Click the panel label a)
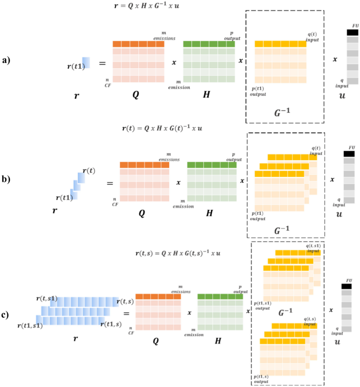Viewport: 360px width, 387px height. tap(6, 60)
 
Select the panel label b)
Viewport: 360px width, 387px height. tap(6, 179)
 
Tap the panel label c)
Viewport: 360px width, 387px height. tap(6, 315)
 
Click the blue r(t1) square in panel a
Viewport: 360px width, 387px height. tap(86, 63)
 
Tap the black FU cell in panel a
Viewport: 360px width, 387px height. tap(353, 33)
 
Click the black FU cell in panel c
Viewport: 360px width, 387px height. tap(346, 287)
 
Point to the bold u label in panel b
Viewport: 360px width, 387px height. tap(340, 214)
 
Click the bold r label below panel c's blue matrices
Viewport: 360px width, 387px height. tap(76, 339)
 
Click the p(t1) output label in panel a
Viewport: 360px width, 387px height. tap(258, 91)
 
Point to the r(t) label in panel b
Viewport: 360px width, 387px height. tap(89, 171)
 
